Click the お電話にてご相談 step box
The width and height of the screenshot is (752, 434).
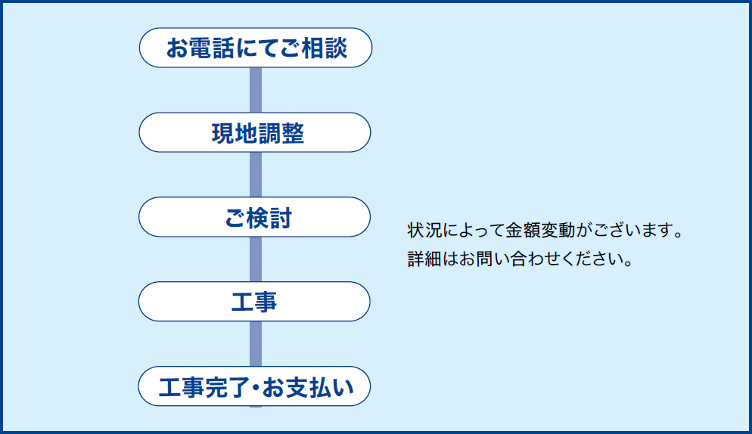256,48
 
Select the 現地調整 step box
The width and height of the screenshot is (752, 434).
255,132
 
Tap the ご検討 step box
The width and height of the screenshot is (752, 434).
255,217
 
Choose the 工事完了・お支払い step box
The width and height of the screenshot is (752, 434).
254,386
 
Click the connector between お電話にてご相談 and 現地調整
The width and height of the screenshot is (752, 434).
256,90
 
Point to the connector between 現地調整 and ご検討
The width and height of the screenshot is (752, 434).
256,175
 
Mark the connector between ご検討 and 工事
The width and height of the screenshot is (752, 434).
256,259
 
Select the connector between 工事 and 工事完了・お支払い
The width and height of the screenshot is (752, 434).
256,344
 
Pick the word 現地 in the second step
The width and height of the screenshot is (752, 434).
234,133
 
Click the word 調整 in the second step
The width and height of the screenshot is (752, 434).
281,133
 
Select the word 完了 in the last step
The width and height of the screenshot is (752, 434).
228,387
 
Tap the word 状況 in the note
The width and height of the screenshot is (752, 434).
424,230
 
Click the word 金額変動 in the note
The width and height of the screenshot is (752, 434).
540,230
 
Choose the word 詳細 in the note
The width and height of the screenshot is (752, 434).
424,259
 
